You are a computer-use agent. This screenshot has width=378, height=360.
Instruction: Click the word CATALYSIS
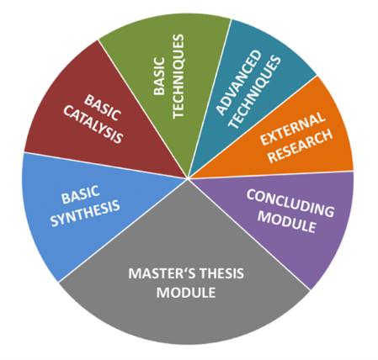[x=93, y=124]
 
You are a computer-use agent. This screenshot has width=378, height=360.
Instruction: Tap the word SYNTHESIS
[x=85, y=213]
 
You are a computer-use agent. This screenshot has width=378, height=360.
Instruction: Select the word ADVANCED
[x=239, y=82]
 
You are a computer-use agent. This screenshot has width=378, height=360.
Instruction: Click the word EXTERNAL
[x=293, y=129]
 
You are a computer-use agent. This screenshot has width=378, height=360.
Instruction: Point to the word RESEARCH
[x=301, y=146]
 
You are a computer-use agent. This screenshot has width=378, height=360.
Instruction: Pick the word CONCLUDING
[x=290, y=203]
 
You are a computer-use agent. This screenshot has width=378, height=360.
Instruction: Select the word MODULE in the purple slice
[x=287, y=222]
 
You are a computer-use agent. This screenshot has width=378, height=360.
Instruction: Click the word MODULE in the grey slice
[x=186, y=293]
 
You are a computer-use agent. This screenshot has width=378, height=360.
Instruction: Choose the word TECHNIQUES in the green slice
[x=178, y=77]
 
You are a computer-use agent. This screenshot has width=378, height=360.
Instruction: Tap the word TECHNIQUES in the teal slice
[x=254, y=92]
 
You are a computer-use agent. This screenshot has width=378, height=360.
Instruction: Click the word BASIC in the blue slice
[x=81, y=194]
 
